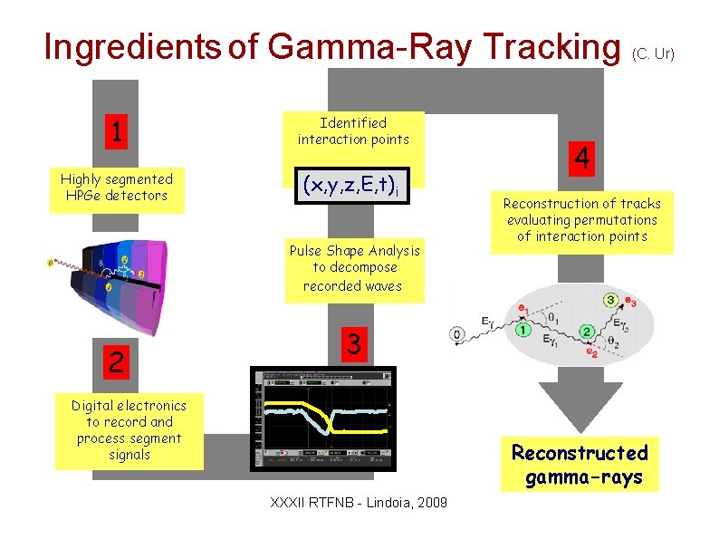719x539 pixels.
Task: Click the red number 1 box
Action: [x=115, y=132]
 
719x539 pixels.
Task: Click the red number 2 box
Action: [x=115, y=362]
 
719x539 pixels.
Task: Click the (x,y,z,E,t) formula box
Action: [x=352, y=186]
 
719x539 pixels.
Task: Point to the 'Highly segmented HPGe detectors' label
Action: [x=116, y=188]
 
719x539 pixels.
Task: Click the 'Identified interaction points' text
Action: [x=353, y=130]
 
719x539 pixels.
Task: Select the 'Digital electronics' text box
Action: [x=129, y=430]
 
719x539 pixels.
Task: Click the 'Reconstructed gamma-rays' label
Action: [x=580, y=465]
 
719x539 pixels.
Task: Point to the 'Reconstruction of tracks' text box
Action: [x=582, y=220]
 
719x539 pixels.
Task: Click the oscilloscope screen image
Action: [x=323, y=419]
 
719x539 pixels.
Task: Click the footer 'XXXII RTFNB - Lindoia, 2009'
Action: [x=359, y=502]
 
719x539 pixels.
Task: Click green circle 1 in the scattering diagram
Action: [x=522, y=330]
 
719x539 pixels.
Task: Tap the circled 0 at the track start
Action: [x=458, y=334]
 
